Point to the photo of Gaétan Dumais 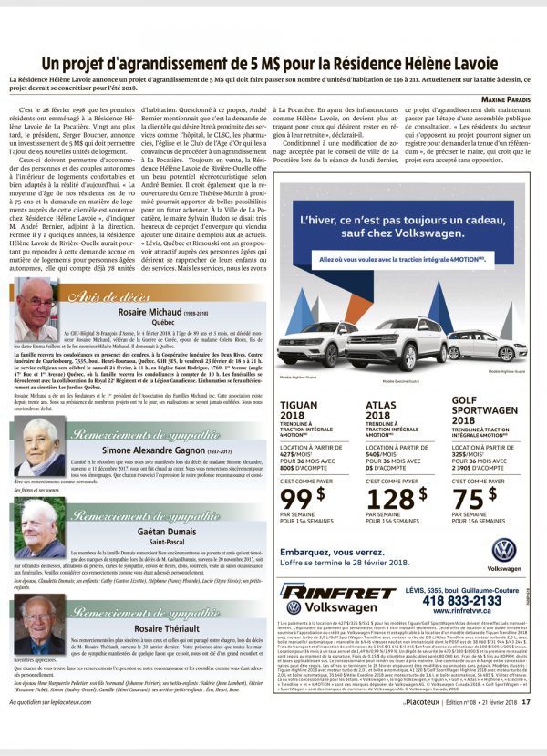[x=38, y=529]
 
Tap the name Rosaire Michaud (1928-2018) [x=173, y=312]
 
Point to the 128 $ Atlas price [x=395, y=500]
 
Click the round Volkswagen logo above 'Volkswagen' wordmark [x=503, y=550]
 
